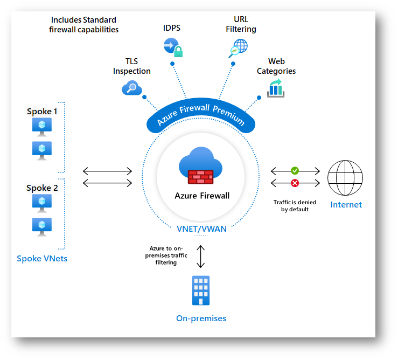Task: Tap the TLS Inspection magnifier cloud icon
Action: coord(131,87)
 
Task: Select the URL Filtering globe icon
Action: coord(237,49)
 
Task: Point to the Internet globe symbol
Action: coord(345,177)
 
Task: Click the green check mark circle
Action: coord(295,170)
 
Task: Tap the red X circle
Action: coord(295,183)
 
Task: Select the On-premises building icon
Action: coord(201,290)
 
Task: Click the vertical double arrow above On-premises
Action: coord(201,257)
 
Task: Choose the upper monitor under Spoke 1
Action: coord(41,126)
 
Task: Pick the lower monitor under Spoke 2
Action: coord(41,226)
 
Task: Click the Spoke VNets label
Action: coord(42,259)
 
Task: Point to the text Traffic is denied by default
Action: coord(295,205)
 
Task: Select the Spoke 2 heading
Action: coord(42,188)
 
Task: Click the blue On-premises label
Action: coord(201,319)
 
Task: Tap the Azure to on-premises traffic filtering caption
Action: coord(164,255)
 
